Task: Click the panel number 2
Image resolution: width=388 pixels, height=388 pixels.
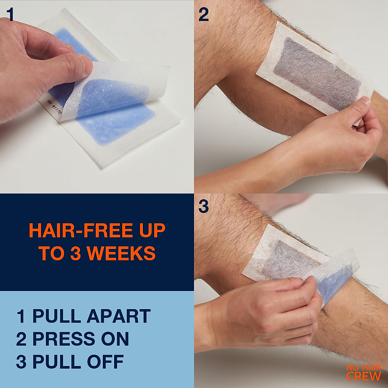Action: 204,15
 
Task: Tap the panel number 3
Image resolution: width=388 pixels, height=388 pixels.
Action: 203,207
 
